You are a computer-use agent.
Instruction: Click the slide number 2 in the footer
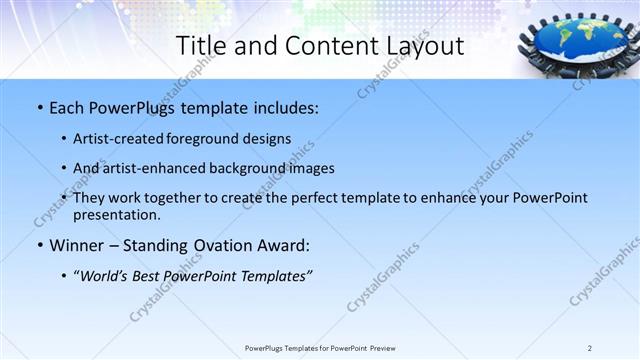(x=590, y=348)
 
